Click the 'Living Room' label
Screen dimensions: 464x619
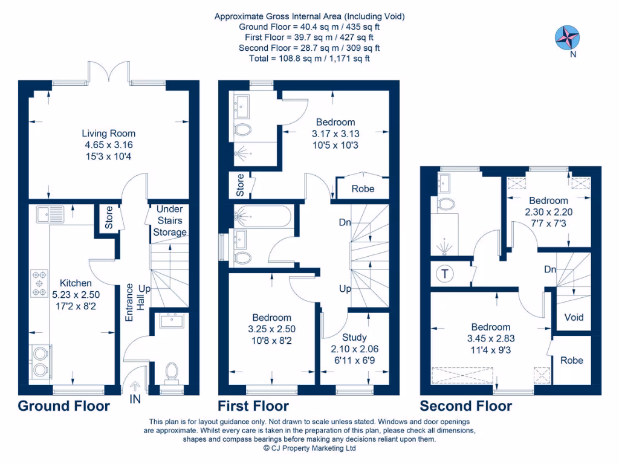pyautogui.click(x=109, y=134)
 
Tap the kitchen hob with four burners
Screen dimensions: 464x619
pyautogui.click(x=39, y=283)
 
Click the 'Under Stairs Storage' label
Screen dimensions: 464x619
pyautogui.click(x=169, y=221)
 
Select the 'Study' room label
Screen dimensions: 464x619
pyautogui.click(x=354, y=337)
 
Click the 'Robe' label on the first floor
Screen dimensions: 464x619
pyautogui.click(x=363, y=188)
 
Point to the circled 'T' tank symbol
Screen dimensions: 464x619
pyautogui.click(x=446, y=274)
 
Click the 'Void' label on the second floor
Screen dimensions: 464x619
pyautogui.click(x=574, y=317)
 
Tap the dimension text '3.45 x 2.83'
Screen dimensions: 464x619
pyautogui.click(x=490, y=338)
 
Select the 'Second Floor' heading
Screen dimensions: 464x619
pyautogui.click(x=465, y=406)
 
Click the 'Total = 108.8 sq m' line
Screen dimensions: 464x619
pyautogui.click(x=309, y=59)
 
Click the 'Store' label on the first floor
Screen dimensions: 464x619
pyautogui.click(x=239, y=185)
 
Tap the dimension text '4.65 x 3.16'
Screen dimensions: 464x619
pyautogui.click(x=109, y=145)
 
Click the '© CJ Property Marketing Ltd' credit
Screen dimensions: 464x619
pyautogui.click(x=309, y=448)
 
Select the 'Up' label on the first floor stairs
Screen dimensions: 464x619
pyautogui.click(x=345, y=289)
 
